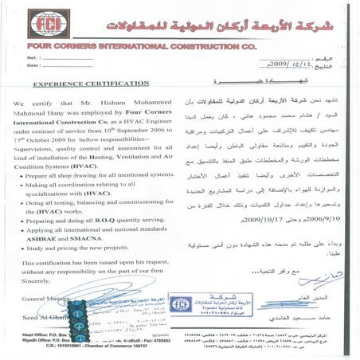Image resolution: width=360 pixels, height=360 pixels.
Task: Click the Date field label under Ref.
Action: click(x=33, y=66)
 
